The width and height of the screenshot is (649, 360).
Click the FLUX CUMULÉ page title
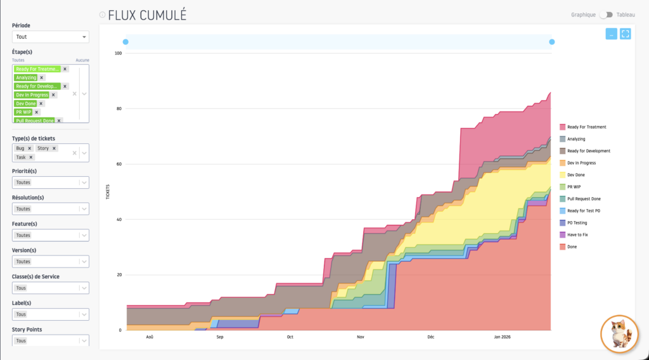pyautogui.click(x=147, y=15)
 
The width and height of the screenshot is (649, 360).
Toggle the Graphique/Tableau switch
pyautogui.click(x=606, y=15)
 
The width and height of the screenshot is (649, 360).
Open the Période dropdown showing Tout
pyautogui.click(x=51, y=37)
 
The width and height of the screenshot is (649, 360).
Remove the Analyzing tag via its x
pyautogui.click(x=42, y=77)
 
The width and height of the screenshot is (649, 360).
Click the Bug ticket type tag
pyautogui.click(x=20, y=148)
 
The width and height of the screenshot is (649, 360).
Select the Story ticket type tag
pyautogui.click(x=43, y=148)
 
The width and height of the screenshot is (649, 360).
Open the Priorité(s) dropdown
pyautogui.click(x=51, y=183)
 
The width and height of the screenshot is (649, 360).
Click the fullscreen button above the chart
pyautogui.click(x=625, y=34)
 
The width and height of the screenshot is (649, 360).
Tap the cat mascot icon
pyautogui.click(x=619, y=333)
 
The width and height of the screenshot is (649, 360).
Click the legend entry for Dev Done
pyautogui.click(x=576, y=175)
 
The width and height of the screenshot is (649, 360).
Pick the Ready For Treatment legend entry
pyautogui.click(x=586, y=127)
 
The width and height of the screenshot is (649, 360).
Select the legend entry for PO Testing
pyautogui.click(x=577, y=222)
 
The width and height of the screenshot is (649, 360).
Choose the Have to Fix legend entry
pyautogui.click(x=576, y=235)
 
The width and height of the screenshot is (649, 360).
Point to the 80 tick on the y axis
pyautogui.click(x=119, y=108)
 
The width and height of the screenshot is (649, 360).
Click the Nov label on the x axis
pyautogui.click(x=361, y=337)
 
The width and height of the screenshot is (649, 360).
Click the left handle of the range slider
pyautogui.click(x=125, y=42)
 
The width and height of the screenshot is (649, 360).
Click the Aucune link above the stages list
pyautogui.click(x=82, y=60)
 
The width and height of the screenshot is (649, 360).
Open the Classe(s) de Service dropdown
pyautogui.click(x=51, y=288)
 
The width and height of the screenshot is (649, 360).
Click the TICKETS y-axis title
pyautogui.click(x=107, y=191)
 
